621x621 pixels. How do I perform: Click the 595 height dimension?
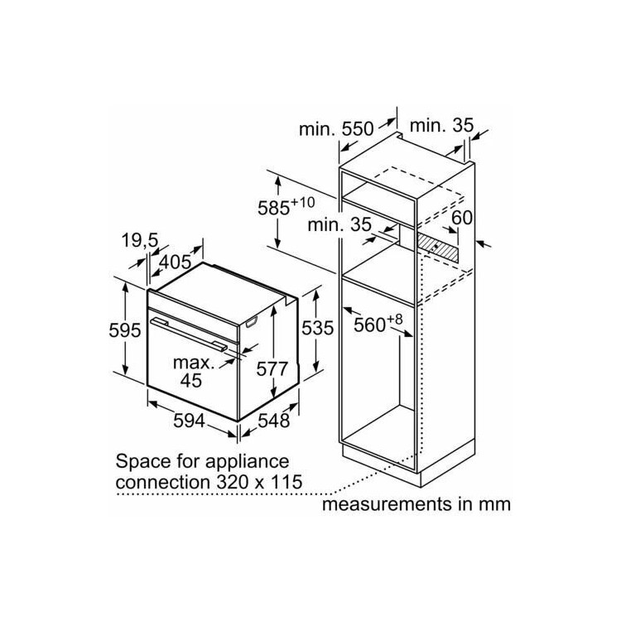click(x=125, y=330)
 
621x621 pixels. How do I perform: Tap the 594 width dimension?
click(x=190, y=421)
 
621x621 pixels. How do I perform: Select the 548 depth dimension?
click(x=274, y=420)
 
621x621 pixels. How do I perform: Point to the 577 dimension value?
click(x=272, y=368)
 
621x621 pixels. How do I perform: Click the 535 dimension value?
click(x=318, y=328)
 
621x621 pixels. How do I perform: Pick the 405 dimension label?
click(x=175, y=262)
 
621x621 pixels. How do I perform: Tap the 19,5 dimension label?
click(x=140, y=240)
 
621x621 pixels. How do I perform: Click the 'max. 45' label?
click(x=193, y=372)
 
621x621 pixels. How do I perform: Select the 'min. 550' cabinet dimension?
click(x=336, y=129)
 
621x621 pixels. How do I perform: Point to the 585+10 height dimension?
click(x=286, y=206)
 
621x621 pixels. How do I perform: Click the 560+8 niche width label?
click(x=378, y=324)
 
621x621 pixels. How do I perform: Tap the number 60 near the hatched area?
click(x=462, y=218)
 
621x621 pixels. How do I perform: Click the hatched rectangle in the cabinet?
click(x=437, y=248)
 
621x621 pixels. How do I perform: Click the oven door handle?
click(x=189, y=335)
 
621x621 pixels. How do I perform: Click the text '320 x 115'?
click(x=259, y=482)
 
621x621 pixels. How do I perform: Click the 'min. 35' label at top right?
click(x=441, y=126)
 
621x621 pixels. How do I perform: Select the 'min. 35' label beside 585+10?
click(x=339, y=224)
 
